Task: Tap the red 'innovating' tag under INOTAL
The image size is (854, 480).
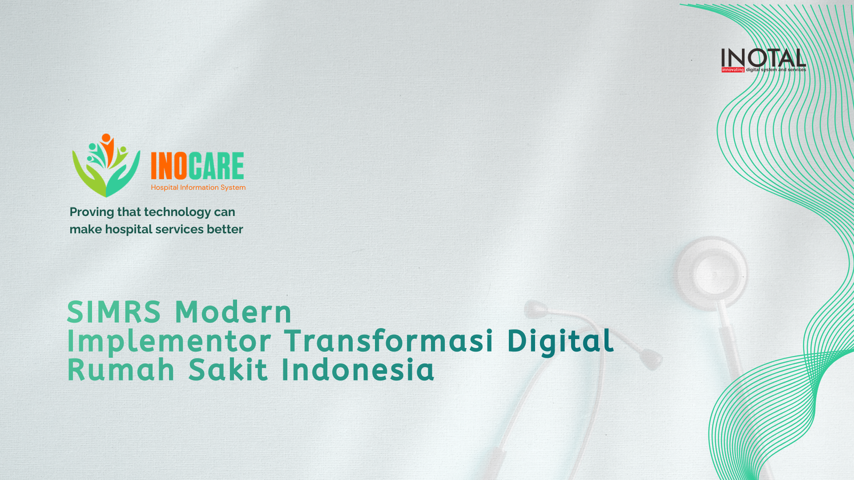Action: click(x=733, y=70)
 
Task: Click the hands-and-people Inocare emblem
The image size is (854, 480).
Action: click(x=106, y=165)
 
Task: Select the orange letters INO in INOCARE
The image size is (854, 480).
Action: click(x=169, y=166)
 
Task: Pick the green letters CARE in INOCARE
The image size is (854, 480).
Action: click(x=216, y=166)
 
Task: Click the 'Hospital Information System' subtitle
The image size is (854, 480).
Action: click(x=198, y=187)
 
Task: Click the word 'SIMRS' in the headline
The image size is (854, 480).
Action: click(x=114, y=312)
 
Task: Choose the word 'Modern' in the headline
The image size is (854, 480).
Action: click(x=233, y=312)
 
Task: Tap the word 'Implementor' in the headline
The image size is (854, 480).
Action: click(x=169, y=342)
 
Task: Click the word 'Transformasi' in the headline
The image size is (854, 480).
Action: click(x=389, y=341)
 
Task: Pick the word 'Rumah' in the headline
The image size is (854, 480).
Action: click(x=121, y=370)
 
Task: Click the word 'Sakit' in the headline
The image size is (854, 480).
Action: click(x=228, y=370)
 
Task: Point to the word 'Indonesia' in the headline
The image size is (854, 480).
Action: click(x=358, y=370)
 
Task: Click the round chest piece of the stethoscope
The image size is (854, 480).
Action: click(x=712, y=273)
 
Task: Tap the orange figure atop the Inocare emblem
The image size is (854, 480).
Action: click(x=107, y=148)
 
